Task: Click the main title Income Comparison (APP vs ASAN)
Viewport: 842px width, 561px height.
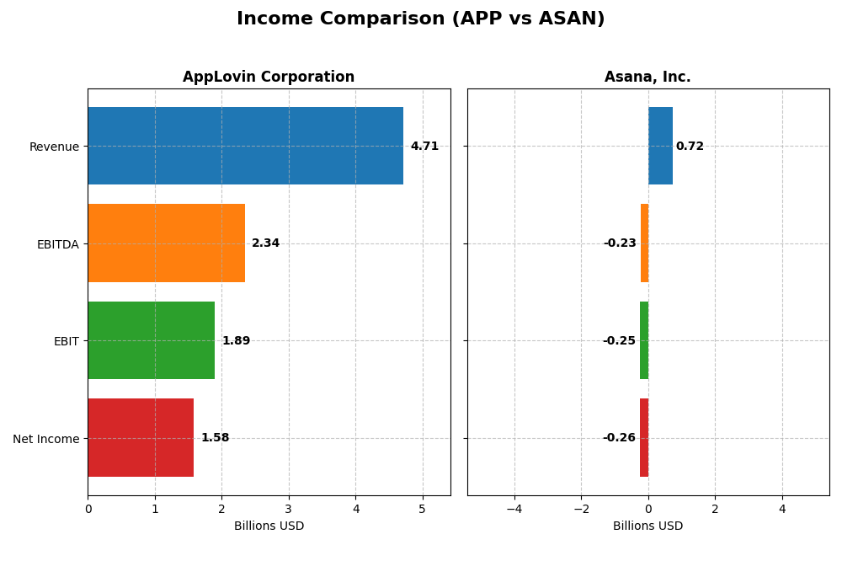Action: pyautogui.click(x=420, y=19)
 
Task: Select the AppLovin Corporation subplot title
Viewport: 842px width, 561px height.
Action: pyautogui.click(x=269, y=77)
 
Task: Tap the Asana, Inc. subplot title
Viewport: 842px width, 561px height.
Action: pyautogui.click(x=647, y=77)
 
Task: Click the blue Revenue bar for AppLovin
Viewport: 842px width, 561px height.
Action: pyautogui.click(x=245, y=146)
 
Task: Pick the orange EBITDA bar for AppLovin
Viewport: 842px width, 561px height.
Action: pyautogui.click(x=166, y=243)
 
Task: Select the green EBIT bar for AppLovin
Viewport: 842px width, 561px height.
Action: pyautogui.click(x=151, y=340)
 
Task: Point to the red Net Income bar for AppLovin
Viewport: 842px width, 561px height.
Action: pyautogui.click(x=141, y=437)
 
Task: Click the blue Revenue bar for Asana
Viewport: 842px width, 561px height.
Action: pyautogui.click(x=660, y=146)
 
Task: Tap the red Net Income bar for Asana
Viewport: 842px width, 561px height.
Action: pyautogui.click(x=644, y=437)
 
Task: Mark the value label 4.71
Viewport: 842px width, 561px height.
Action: pyautogui.click(x=424, y=147)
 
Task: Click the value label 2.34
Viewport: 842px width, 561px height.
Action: pyautogui.click(x=265, y=243)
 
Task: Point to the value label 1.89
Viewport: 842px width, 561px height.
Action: pyautogui.click(x=236, y=341)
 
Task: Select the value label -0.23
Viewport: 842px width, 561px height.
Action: pyautogui.click(x=620, y=243)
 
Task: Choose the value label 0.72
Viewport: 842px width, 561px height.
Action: pyautogui.click(x=690, y=147)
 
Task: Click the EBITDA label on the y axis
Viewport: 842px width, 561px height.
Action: pyautogui.click(x=57, y=244)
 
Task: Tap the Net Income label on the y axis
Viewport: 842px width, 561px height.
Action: pyautogui.click(x=45, y=439)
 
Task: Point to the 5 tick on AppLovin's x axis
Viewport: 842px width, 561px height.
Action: pyautogui.click(x=423, y=509)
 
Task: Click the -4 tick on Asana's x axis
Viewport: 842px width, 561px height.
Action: pyautogui.click(x=514, y=509)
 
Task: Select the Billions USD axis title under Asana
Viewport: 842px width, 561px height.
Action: pyautogui.click(x=647, y=526)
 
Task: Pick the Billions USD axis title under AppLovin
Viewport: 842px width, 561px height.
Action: pyautogui.click(x=269, y=526)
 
